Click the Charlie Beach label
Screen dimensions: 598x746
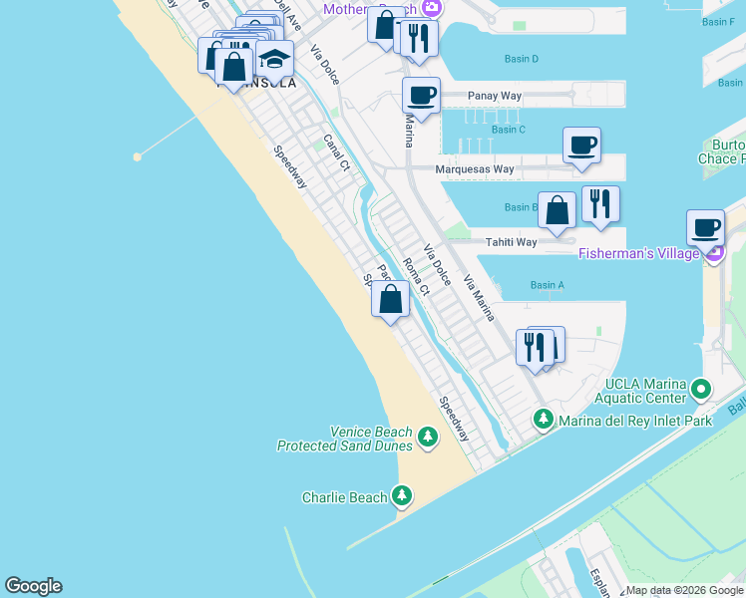coord(344,496)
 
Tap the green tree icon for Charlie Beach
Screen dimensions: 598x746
coord(402,494)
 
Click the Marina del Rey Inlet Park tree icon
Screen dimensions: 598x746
coord(544,419)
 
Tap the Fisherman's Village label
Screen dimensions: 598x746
coord(638,254)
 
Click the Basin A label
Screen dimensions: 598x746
coord(548,286)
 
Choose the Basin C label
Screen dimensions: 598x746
coord(509,130)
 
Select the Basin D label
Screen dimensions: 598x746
coord(522,60)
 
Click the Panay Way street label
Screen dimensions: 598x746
coord(495,97)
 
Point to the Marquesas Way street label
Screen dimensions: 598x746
coord(475,169)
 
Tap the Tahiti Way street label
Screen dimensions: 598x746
coord(511,242)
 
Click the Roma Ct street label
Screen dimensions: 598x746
coord(416,277)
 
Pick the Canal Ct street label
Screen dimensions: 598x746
coord(336,152)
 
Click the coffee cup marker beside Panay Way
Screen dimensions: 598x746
coord(421,96)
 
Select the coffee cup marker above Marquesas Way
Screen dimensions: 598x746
coord(581,145)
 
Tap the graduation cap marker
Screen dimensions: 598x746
coord(274,59)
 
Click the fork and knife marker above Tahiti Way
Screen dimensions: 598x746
coord(600,203)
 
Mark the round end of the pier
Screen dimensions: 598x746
coord(138,156)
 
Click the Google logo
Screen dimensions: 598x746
coord(33,586)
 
